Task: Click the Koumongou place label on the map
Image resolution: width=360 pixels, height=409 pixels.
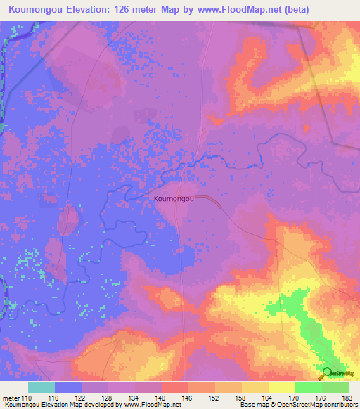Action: pos(174,200)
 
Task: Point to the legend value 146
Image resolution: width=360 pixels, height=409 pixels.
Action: pos(188,397)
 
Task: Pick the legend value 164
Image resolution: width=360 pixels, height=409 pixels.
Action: pos(269,397)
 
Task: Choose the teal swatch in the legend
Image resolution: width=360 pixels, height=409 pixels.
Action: pos(41,387)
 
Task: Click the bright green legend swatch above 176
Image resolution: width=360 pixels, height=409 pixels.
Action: pos(309,387)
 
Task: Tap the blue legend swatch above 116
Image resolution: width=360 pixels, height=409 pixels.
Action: pos(68,387)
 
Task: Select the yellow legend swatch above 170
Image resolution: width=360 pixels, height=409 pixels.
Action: pos(282,387)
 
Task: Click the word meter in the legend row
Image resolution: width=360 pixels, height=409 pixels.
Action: pos(12,397)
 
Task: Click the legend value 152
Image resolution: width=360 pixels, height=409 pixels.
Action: pos(215,397)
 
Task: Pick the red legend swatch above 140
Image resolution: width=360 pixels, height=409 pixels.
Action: pos(175,387)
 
